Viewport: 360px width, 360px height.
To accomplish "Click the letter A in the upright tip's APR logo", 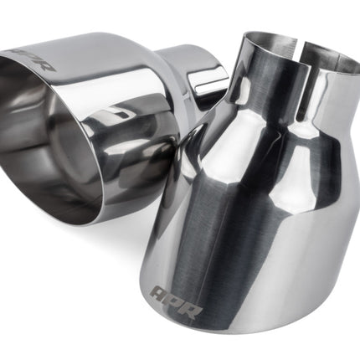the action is [159, 293].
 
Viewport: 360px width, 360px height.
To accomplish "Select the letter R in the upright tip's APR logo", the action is [191, 310].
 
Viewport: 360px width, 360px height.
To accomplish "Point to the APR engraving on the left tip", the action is [35, 61].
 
